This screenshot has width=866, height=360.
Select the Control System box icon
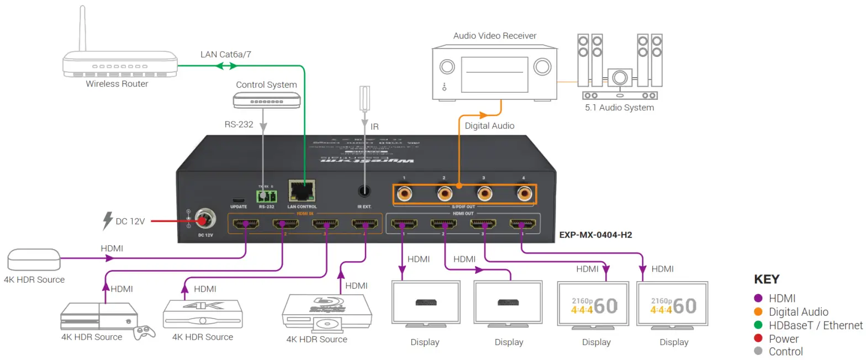tap(267, 99)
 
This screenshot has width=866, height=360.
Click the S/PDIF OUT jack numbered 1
tap(405, 193)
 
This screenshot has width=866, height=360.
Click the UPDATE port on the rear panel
tap(239, 200)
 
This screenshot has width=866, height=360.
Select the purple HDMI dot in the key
tap(758, 299)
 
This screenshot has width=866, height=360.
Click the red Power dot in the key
tap(758, 338)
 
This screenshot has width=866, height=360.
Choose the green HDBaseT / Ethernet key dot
tap(758, 325)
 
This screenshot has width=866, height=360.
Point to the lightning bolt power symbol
tap(108, 221)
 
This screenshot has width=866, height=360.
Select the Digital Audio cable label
tap(489, 125)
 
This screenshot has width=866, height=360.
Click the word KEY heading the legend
tap(767, 279)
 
